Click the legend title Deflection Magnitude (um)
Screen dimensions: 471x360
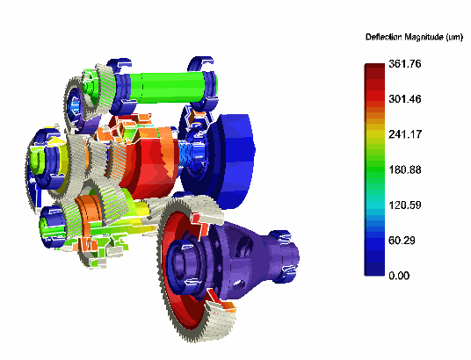tap(414, 37)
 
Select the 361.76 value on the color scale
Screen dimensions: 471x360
tap(405, 63)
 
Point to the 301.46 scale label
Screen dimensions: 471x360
tap(405, 99)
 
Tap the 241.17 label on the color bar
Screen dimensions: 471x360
tap(405, 134)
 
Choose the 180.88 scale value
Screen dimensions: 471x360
tap(405, 169)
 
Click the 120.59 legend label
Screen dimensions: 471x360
tap(405, 205)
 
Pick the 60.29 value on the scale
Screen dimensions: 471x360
tap(402, 241)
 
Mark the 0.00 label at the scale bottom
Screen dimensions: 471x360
tap(399, 276)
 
